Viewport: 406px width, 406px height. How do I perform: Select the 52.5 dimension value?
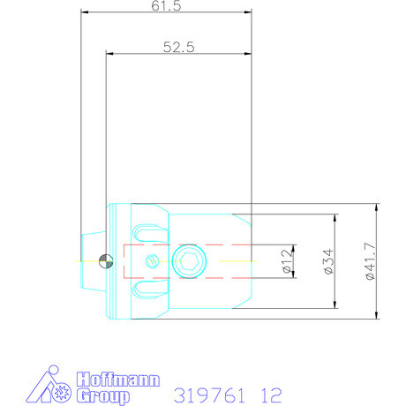[x=178, y=48]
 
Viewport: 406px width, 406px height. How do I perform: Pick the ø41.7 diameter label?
[x=369, y=262]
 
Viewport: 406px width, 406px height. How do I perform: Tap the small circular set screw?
[x=152, y=261]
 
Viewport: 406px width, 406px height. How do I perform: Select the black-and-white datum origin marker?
[x=107, y=260]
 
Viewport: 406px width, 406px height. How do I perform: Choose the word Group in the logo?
[x=104, y=396]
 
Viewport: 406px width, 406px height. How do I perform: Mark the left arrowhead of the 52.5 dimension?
[x=109, y=53]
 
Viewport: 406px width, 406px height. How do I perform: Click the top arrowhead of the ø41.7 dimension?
[x=377, y=207]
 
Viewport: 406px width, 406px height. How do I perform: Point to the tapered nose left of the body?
[x=92, y=260]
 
